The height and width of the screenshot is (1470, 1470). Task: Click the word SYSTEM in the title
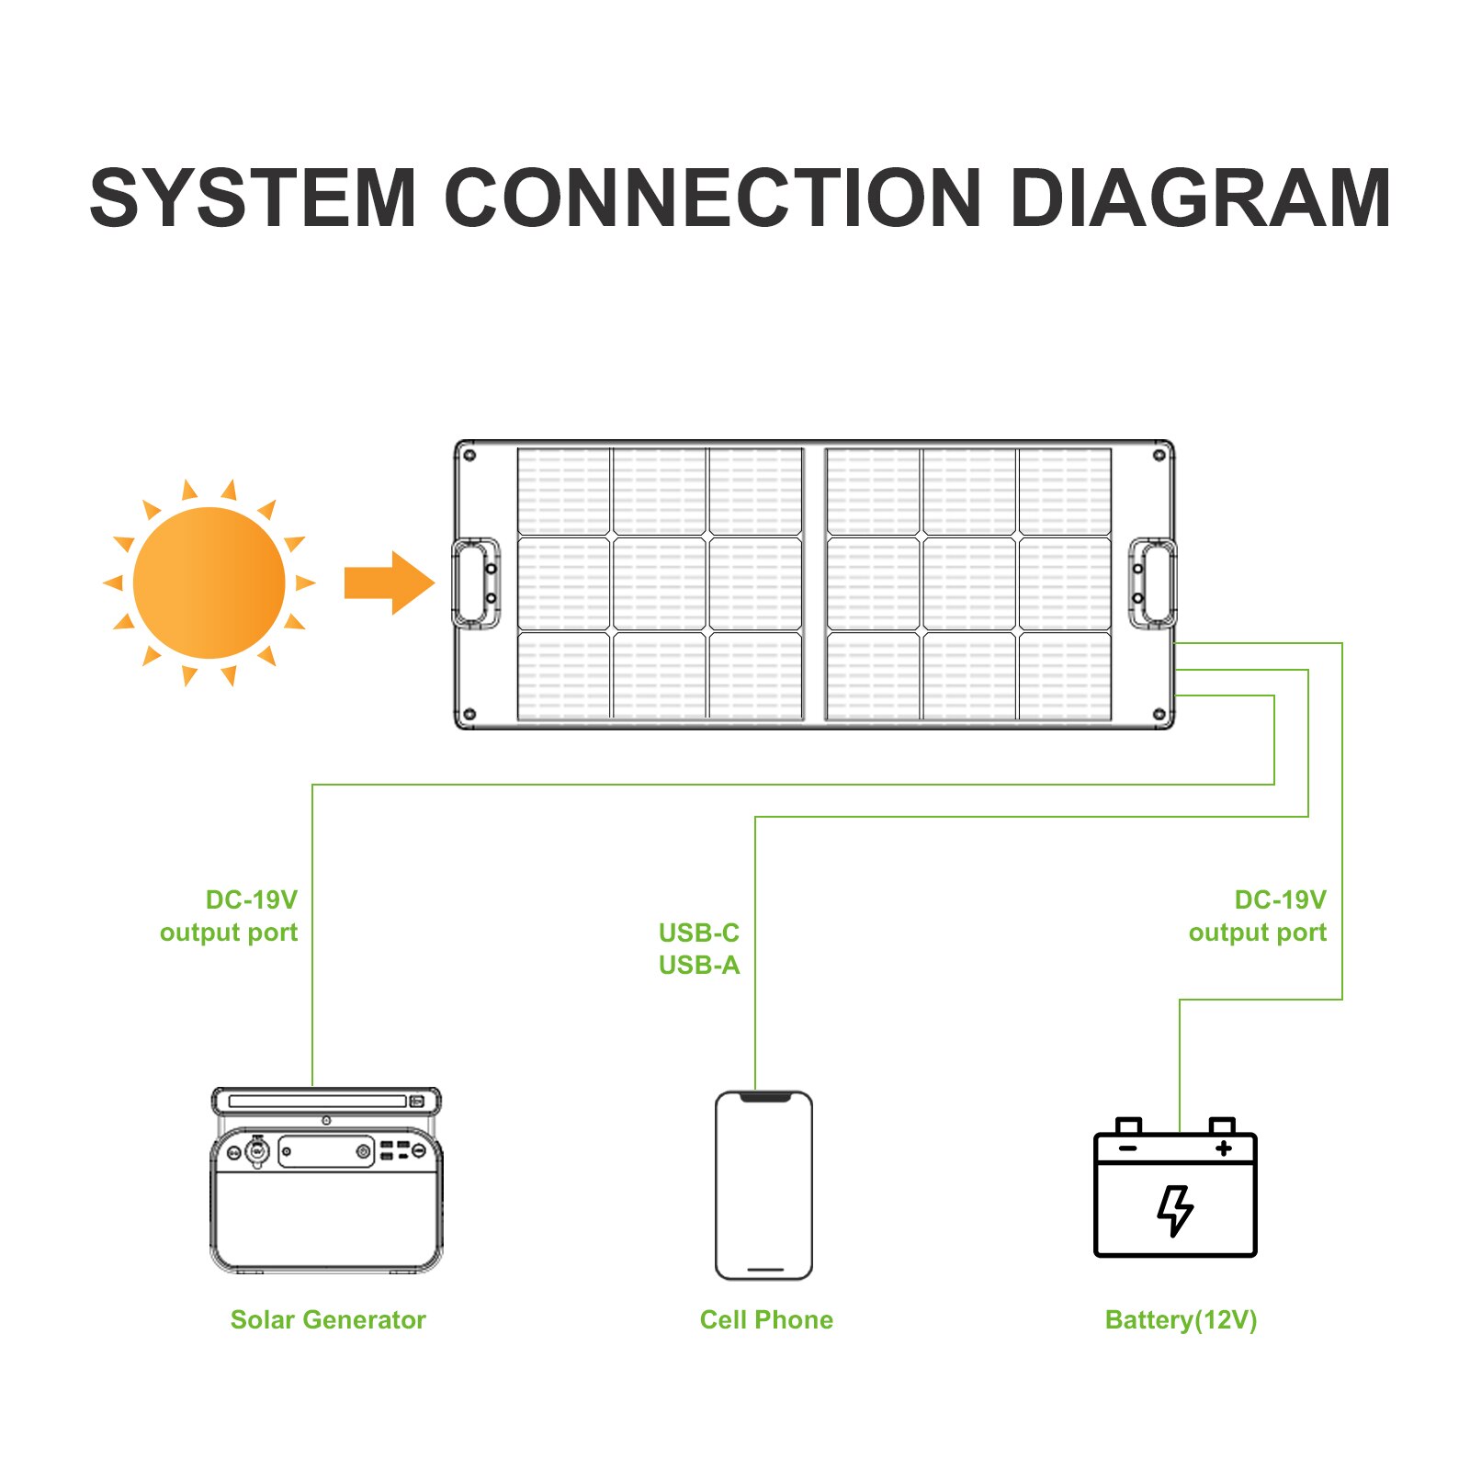tap(254, 198)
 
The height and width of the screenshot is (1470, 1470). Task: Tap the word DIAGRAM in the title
tap(1200, 198)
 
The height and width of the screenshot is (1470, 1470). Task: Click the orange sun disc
tap(209, 582)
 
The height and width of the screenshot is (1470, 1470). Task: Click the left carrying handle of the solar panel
tap(476, 583)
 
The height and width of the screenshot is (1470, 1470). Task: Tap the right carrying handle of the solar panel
tap(1153, 583)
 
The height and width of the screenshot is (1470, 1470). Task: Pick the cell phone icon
tap(763, 1185)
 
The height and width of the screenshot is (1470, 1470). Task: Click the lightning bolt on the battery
tap(1175, 1209)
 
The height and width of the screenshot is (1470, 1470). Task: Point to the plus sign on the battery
tap(1223, 1148)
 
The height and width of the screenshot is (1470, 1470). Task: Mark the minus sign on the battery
tap(1128, 1148)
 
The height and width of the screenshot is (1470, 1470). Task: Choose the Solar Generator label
tap(328, 1320)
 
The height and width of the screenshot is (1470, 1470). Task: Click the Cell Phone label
tap(766, 1320)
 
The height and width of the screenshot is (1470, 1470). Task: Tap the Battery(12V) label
tap(1181, 1320)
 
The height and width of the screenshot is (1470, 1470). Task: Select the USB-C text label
tap(699, 933)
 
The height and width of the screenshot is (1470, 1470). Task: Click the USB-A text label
tap(699, 966)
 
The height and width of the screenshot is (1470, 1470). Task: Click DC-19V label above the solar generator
tap(251, 899)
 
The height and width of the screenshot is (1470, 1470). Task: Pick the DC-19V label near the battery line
tap(1280, 899)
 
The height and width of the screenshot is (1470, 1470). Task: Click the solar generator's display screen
tap(325, 1151)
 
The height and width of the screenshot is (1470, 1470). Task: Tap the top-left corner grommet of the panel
tap(469, 456)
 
